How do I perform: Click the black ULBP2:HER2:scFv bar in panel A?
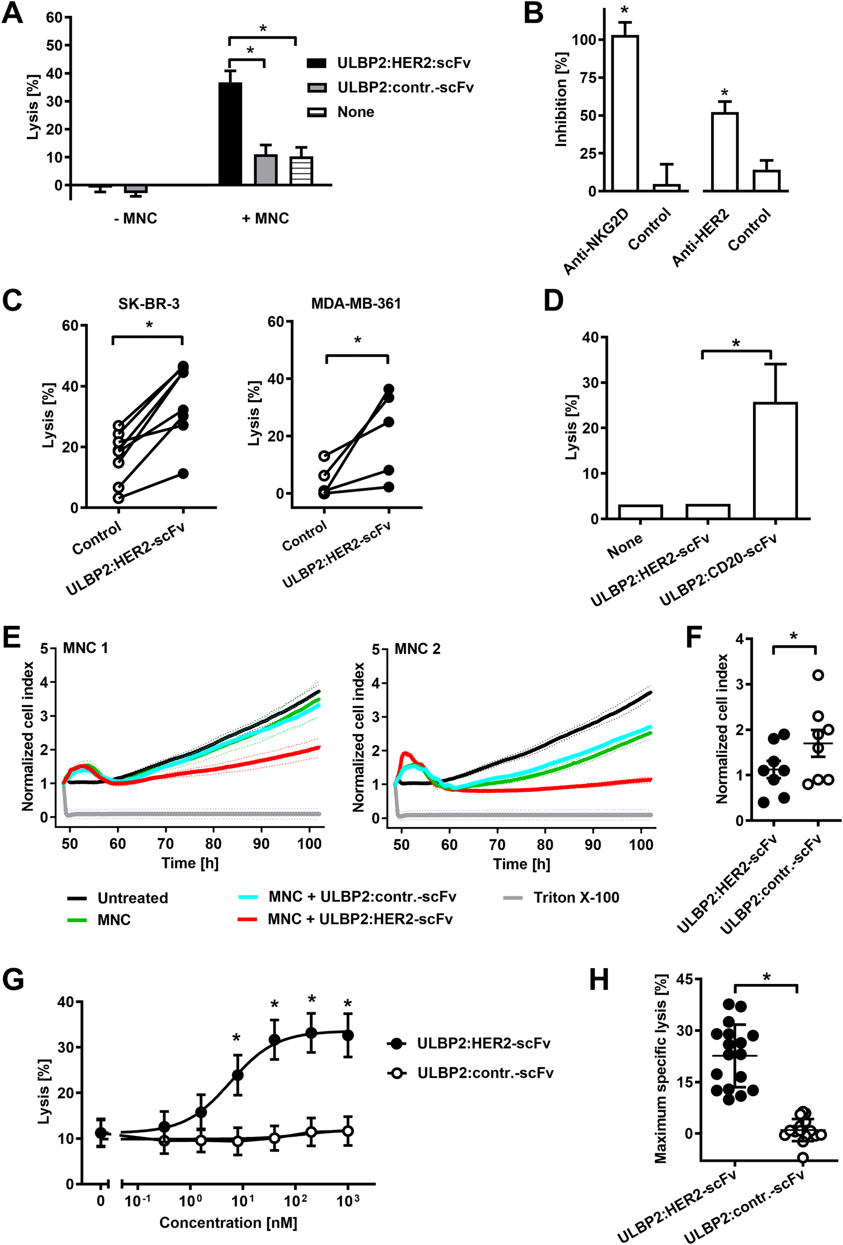(230, 134)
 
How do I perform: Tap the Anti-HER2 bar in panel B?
(724, 152)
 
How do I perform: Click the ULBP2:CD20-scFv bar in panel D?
(775, 460)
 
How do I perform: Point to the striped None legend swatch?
(317, 112)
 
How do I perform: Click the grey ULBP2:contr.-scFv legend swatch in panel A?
(317, 87)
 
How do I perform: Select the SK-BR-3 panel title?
(148, 304)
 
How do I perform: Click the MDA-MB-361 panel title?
(356, 303)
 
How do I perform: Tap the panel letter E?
(12, 639)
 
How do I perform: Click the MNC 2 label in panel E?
(418, 649)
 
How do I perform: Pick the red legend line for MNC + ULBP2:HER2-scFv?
(248, 919)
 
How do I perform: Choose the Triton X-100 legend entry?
(576, 897)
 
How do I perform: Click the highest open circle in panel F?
(818, 675)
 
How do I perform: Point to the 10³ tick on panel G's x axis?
(347, 1201)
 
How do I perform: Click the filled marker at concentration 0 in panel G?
(101, 1133)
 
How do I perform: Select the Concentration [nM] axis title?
(228, 1223)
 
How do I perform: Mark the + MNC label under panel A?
(265, 219)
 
